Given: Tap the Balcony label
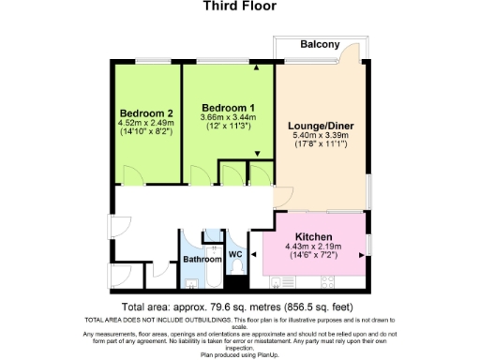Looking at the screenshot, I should [x=320, y=45].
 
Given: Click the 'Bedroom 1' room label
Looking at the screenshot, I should [x=228, y=108].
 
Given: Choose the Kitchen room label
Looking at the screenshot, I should [x=315, y=236].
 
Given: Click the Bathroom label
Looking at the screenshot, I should [x=202, y=259].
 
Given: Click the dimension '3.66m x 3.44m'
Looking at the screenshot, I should [x=228, y=118].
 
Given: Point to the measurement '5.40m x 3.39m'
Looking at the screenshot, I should [x=322, y=135].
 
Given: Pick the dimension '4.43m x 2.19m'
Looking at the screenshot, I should [x=315, y=247].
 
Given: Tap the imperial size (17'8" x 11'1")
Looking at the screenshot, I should [x=322, y=145].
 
